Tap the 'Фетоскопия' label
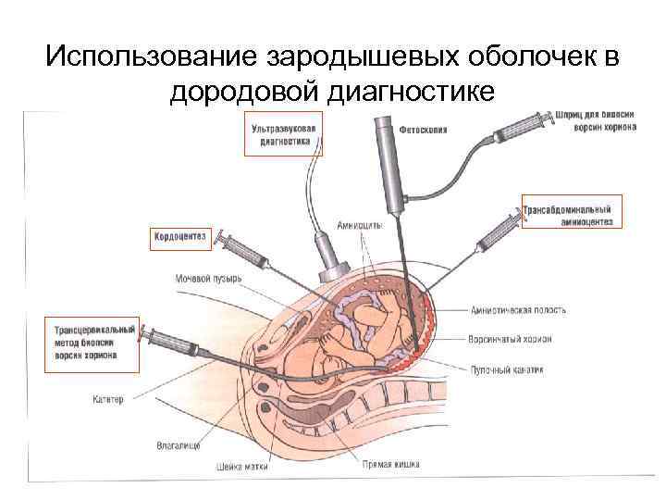(x=423, y=130)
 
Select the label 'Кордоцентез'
(x=180, y=238)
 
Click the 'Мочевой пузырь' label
(x=208, y=278)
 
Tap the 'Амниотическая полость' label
(x=518, y=310)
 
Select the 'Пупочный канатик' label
(x=507, y=369)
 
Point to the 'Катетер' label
(x=108, y=400)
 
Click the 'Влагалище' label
(x=179, y=445)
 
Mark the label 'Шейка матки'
(x=241, y=466)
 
